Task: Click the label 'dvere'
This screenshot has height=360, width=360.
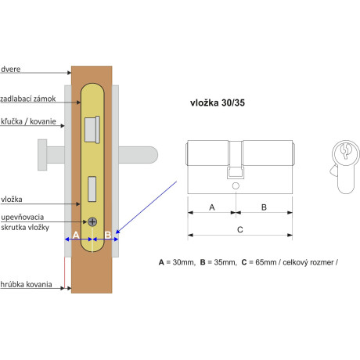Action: pyautogui.click(x=11, y=70)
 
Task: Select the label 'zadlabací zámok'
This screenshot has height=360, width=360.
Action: pyautogui.click(x=28, y=99)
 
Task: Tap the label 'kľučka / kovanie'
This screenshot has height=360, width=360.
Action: pyautogui.click(x=28, y=121)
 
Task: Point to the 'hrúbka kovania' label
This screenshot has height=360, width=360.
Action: pyautogui.click(x=26, y=284)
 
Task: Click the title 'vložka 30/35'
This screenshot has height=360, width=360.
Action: pyautogui.click(x=218, y=103)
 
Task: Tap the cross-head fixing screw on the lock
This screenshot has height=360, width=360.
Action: pyautogui.click(x=92, y=221)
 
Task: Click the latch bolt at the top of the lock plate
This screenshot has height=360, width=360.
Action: pyautogui.click(x=92, y=130)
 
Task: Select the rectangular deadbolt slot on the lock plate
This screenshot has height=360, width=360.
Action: pyautogui.click(x=92, y=189)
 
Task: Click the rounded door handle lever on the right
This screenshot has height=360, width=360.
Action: pyautogui.click(x=139, y=155)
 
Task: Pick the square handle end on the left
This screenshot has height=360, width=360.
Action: pyautogui.click(x=42, y=155)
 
